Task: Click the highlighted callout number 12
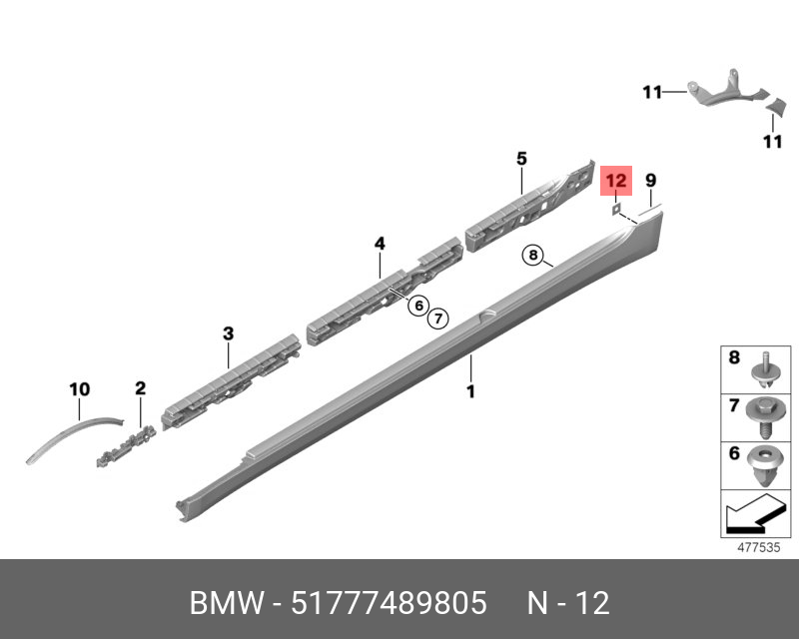click(616, 181)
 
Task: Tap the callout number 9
click(651, 181)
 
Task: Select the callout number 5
click(521, 159)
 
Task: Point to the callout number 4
click(380, 244)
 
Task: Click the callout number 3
click(229, 333)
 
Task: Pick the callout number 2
click(140, 388)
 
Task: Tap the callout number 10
click(80, 389)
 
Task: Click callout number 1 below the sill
click(470, 391)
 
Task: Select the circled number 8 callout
click(533, 255)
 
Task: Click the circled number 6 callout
click(418, 306)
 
